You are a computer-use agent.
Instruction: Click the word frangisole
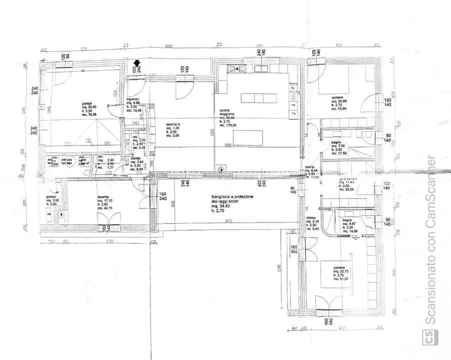point(221,197)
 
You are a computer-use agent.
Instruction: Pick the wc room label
point(135,136)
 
